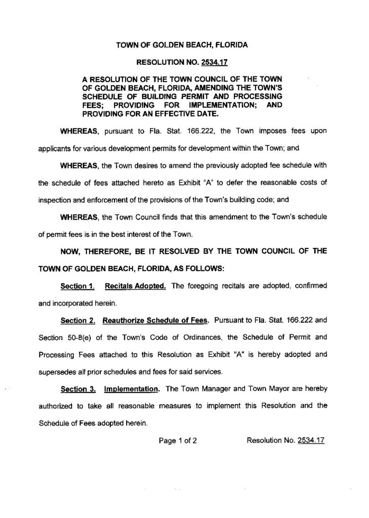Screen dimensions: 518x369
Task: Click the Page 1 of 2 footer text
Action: click(x=177, y=440)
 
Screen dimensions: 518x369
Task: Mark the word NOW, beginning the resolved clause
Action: click(x=72, y=251)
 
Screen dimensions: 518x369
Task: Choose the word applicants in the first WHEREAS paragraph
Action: click(x=60, y=149)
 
